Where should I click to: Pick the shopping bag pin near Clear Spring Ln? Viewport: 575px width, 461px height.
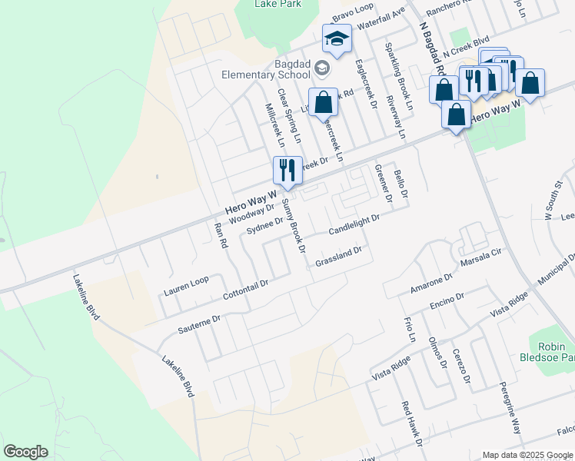pos(323,102)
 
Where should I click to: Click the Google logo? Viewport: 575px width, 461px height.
pos(25,452)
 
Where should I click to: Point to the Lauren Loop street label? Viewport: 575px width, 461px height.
pos(186,287)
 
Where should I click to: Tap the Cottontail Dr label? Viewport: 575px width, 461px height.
pos(245,289)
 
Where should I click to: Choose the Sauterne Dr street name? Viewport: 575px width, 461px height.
pos(199,323)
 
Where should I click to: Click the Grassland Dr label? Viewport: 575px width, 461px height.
pos(338,257)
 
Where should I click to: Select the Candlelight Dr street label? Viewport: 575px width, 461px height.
pos(354,225)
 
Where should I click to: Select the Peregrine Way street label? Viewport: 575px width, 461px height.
pos(510,407)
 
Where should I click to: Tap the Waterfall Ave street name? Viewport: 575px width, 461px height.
pos(380,20)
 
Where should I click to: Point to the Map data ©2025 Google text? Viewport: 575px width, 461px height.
pos(527,454)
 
